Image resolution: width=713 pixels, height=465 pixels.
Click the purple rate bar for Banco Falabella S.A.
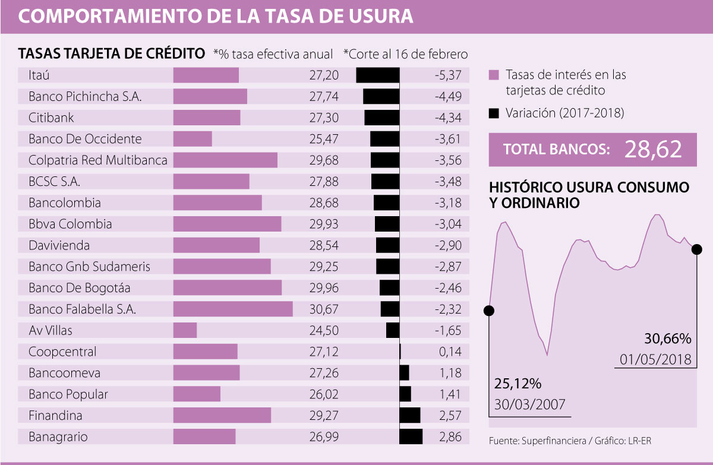pos(233,309)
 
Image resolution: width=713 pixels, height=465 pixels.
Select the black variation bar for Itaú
pos(378,75)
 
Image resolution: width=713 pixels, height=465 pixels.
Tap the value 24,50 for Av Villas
pos(324,330)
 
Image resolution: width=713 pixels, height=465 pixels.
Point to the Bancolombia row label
pos(64,203)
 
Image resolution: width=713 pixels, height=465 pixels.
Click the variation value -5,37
pos(447,75)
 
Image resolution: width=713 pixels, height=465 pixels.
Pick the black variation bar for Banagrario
pos(411,436)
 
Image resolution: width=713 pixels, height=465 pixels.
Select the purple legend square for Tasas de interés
pos(493,75)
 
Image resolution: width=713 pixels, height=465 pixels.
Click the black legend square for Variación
pos(493,113)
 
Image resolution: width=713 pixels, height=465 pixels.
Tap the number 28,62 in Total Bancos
pos(652,150)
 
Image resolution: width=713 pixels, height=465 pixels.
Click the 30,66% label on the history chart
pos(668,339)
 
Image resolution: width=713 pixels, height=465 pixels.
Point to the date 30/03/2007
pos(529,405)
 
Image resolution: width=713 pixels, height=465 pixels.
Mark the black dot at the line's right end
pos(697,249)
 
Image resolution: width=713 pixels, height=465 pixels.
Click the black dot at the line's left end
pos(490,311)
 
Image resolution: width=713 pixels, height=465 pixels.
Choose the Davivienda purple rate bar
pos(216,245)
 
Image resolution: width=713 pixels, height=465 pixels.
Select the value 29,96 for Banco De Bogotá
pos(324,287)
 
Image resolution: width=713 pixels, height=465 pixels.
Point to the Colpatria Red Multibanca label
pos(98,160)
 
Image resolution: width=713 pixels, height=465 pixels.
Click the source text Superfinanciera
pos(547,441)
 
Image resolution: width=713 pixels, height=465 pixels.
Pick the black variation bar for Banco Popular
pos(405,394)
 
